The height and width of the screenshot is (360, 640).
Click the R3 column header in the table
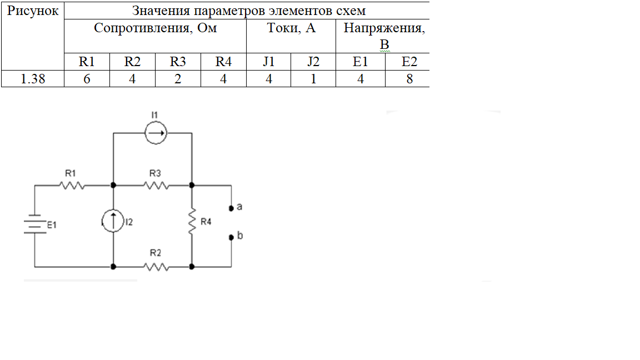[x=177, y=62]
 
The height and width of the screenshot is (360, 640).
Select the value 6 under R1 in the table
[x=87, y=79]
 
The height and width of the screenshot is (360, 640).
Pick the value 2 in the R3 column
[x=177, y=79]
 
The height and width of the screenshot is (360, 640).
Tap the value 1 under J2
[x=313, y=79]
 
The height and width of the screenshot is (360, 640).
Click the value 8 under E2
[x=409, y=79]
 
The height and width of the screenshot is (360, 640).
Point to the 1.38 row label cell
[x=33, y=79]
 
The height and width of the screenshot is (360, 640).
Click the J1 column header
[x=269, y=62]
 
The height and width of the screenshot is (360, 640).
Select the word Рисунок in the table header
[x=33, y=11]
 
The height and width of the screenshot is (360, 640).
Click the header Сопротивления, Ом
[x=155, y=28]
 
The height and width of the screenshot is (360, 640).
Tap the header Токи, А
[x=291, y=28]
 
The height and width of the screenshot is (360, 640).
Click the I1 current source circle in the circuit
[x=156, y=133]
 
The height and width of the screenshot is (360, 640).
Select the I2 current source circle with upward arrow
[x=113, y=222]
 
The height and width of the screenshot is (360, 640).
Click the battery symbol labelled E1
[x=34, y=225]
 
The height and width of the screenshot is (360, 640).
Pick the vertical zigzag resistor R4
[x=192, y=222]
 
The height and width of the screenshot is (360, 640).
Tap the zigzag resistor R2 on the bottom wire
[x=156, y=267]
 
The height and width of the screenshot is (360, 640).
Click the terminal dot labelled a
[x=231, y=208]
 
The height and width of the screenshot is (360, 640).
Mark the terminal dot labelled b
[x=231, y=237]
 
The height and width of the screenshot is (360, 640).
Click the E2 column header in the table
[x=409, y=62]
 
